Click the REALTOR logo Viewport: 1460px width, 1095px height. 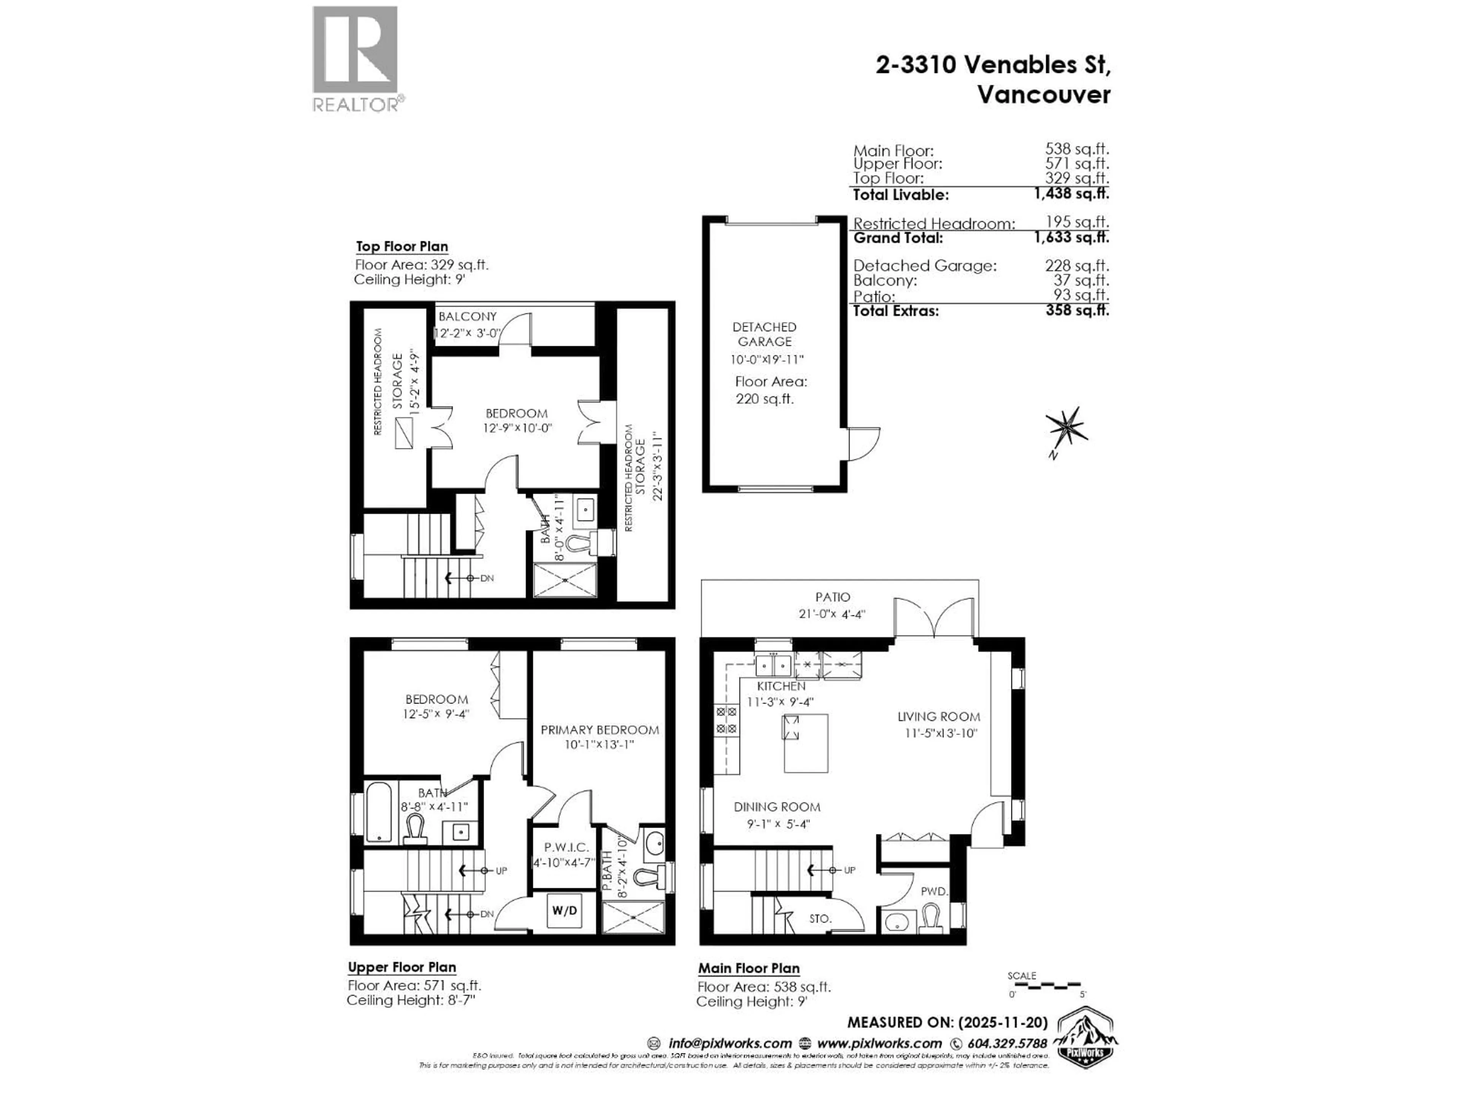click(355, 59)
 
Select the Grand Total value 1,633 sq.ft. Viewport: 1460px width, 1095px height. click(1071, 238)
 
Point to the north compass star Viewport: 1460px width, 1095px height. click(1065, 426)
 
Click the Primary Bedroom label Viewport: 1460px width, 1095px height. click(599, 730)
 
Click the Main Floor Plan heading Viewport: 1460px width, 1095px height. click(749, 968)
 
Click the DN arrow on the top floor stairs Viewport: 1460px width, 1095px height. click(470, 578)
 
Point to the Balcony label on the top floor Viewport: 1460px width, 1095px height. click(467, 317)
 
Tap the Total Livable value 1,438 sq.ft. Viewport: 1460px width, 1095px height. click(1071, 194)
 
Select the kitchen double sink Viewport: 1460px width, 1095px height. click(773, 664)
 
